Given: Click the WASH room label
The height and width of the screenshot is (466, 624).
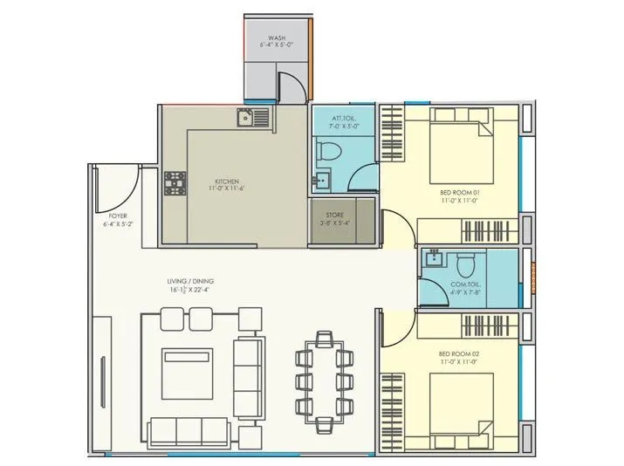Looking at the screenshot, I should coord(278,39).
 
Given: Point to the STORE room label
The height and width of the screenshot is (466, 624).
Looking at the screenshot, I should coord(335,215).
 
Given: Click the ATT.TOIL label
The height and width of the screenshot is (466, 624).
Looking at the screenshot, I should coord(343,118).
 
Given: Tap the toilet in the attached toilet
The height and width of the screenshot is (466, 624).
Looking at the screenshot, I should coord(331,151).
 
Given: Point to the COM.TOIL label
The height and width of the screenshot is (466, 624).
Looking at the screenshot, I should coord(463,284).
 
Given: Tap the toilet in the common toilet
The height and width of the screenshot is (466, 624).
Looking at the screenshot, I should coord(465,261).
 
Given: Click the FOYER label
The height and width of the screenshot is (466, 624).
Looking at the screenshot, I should coord(119,215).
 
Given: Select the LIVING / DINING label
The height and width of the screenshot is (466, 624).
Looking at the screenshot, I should coord(191,280).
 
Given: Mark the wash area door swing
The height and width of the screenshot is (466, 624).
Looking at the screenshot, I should coord(295,87).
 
